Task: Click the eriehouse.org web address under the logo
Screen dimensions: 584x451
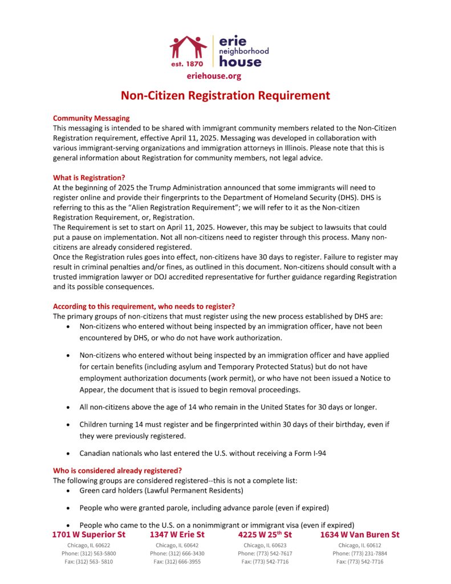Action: [x=214, y=76]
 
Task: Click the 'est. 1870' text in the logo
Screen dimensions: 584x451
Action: [x=187, y=64]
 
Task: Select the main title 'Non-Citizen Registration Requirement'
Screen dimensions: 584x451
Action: [x=225, y=96]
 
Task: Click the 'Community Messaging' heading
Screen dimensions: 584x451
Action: [x=91, y=118]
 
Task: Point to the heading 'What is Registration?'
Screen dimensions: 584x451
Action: [x=89, y=177]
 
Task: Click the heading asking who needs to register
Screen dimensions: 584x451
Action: [x=144, y=306]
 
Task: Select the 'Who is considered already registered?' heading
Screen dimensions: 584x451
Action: [x=117, y=471]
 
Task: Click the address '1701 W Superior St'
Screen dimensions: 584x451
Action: [x=88, y=535]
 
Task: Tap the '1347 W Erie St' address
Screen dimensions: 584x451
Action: [x=177, y=535]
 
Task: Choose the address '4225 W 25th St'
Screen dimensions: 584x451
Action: [x=265, y=535]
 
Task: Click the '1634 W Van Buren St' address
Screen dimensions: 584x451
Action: [x=360, y=535]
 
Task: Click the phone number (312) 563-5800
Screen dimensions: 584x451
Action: [x=88, y=553]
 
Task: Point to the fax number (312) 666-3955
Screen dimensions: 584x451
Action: [x=177, y=562]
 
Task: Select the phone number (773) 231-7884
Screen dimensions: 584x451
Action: [x=360, y=553]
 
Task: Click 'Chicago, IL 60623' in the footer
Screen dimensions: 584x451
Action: [x=265, y=545]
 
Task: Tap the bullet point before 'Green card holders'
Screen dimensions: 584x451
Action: [x=69, y=491]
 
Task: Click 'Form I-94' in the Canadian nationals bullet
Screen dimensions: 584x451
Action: [x=307, y=454]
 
